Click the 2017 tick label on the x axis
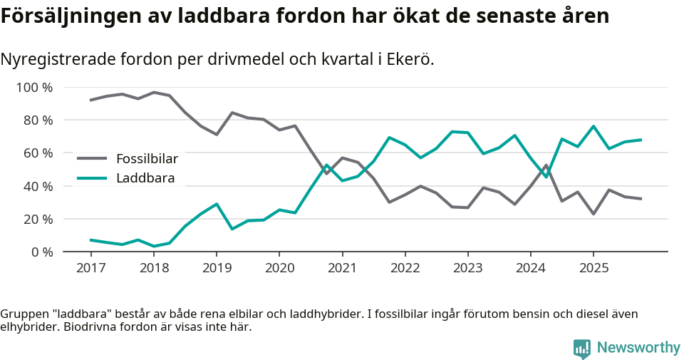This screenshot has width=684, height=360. click(x=90, y=268)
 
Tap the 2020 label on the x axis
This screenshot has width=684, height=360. click(x=279, y=268)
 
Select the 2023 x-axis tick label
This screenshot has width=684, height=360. click(x=467, y=268)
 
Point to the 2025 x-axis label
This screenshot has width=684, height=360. click(x=593, y=268)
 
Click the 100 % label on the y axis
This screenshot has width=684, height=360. click(x=35, y=88)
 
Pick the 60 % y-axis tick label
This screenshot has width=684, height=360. click(x=38, y=153)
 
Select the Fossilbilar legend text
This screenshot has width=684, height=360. click(x=147, y=158)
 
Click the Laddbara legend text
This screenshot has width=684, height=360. click(x=145, y=178)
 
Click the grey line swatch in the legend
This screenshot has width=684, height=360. click(x=92, y=158)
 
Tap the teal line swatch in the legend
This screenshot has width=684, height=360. click(x=92, y=178)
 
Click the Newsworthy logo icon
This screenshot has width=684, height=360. click(x=581, y=348)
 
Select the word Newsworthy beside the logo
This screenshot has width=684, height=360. click(x=638, y=348)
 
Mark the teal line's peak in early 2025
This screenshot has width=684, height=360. click(x=593, y=126)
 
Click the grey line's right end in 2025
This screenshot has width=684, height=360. click(x=641, y=199)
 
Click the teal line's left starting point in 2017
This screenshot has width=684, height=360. click(x=90, y=240)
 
